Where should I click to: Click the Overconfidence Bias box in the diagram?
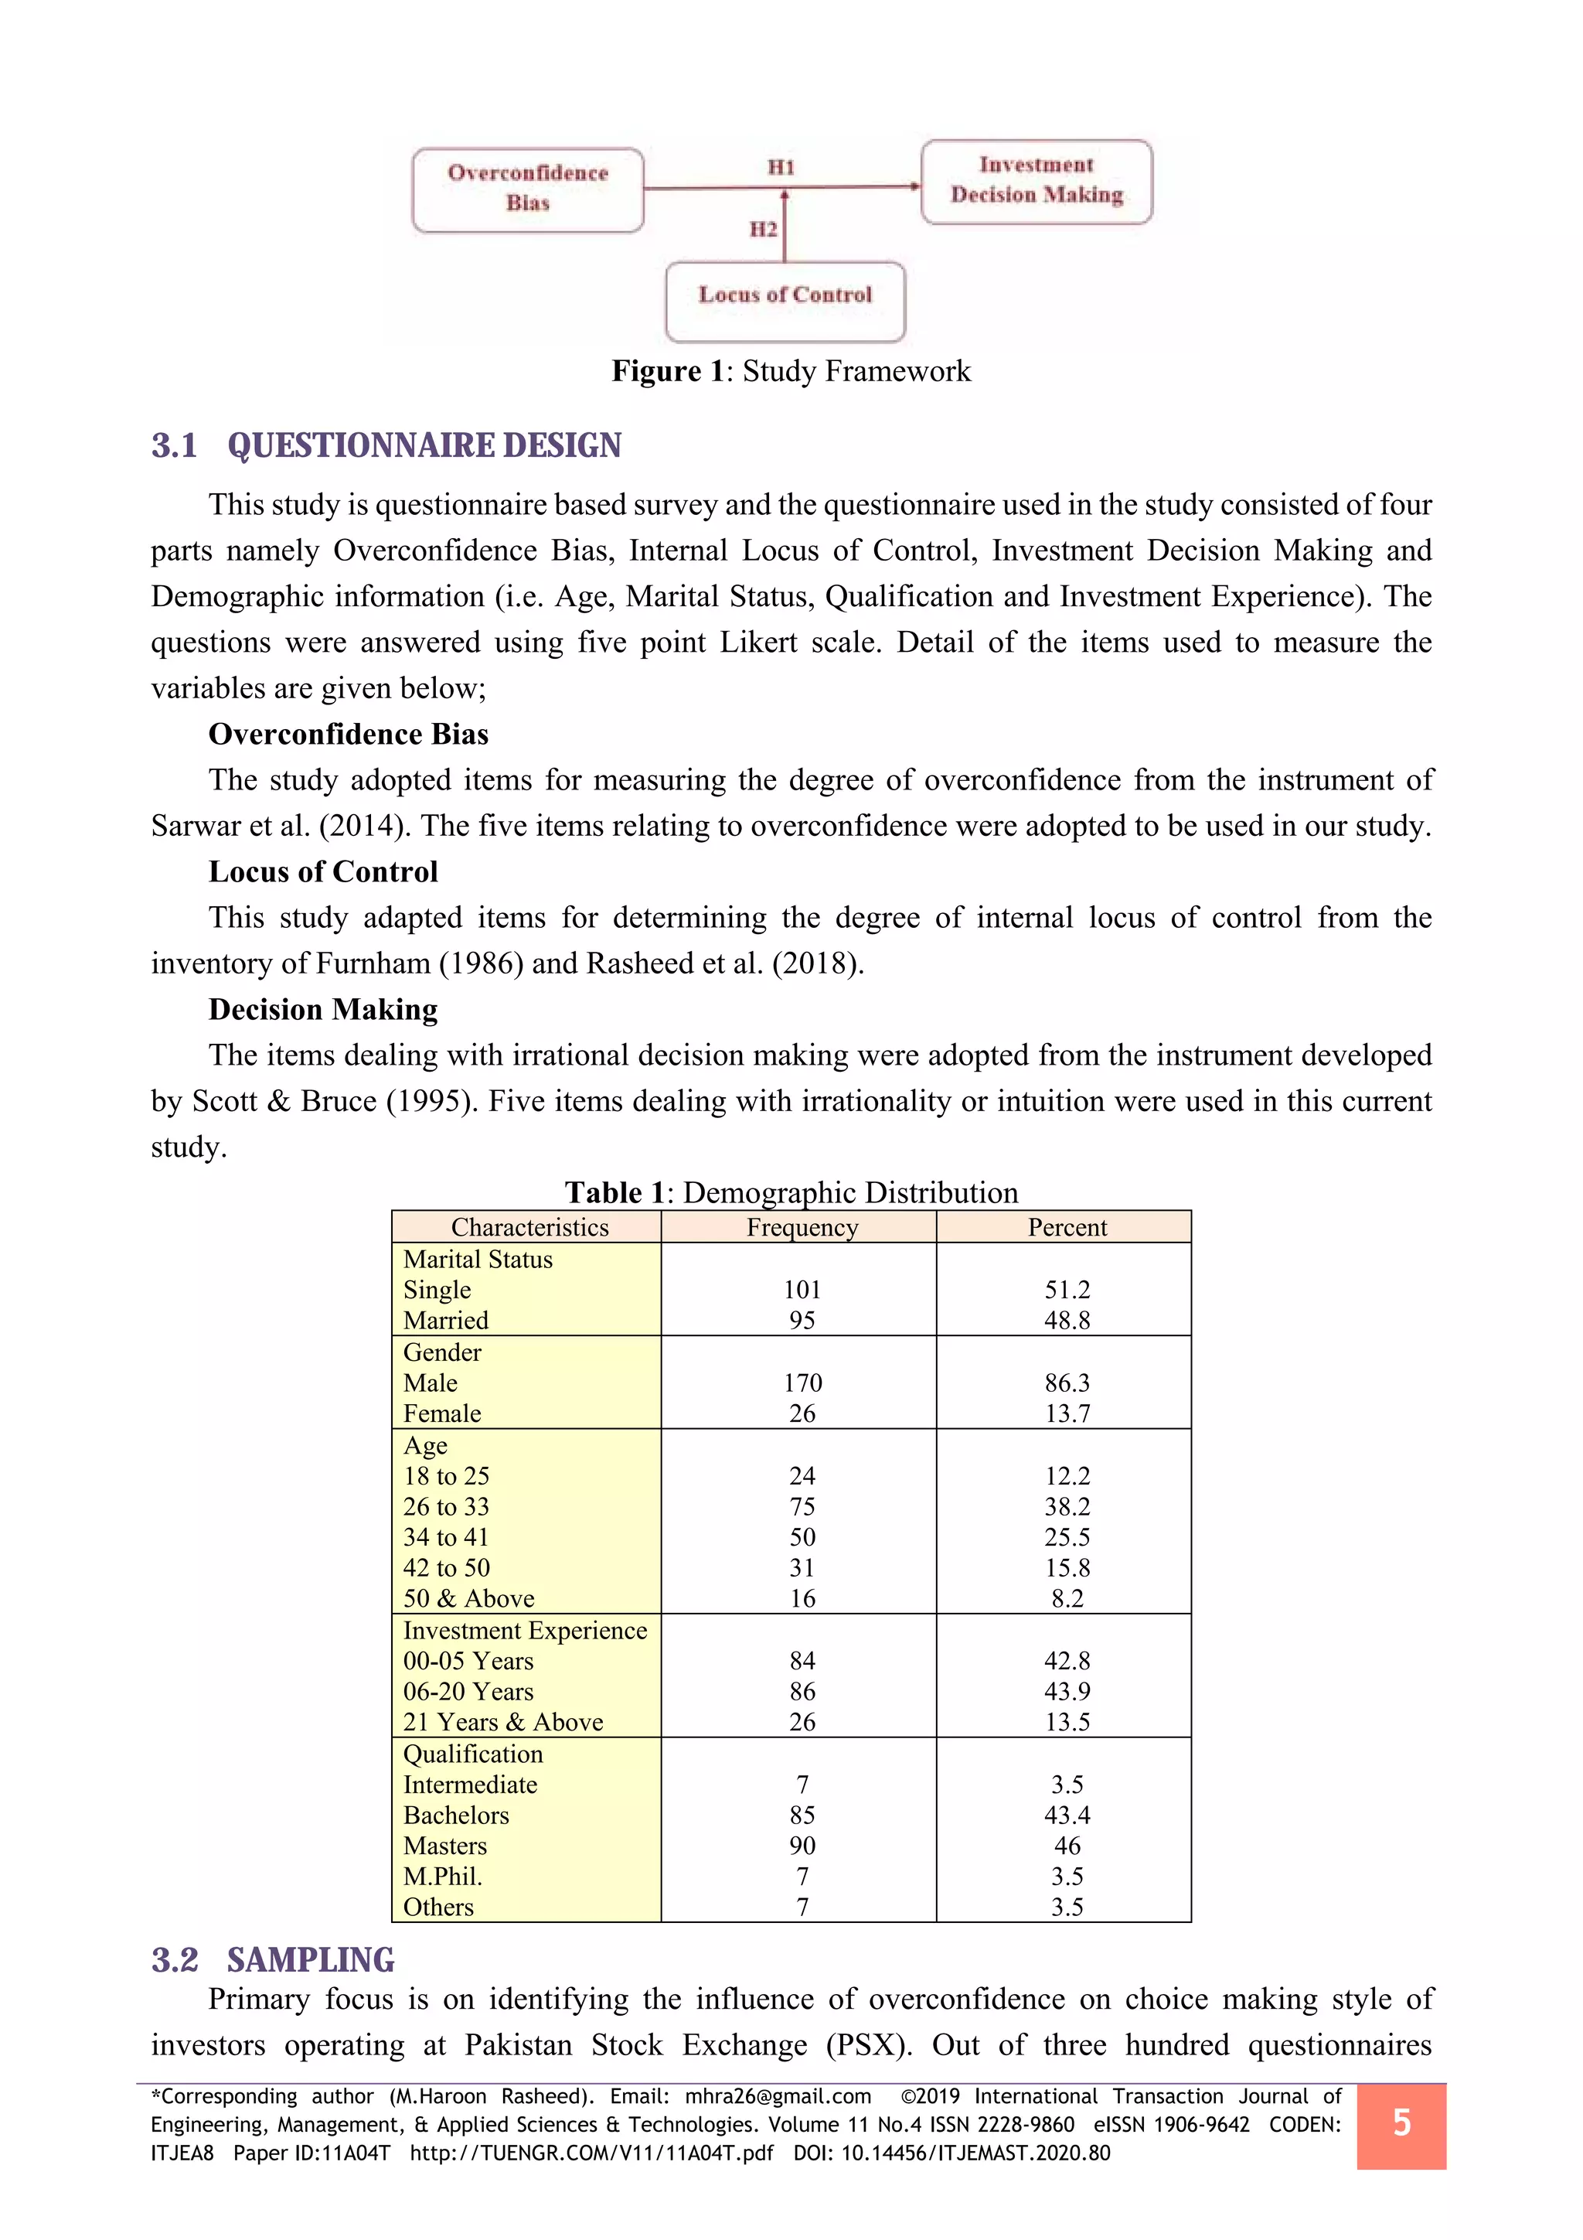(x=528, y=189)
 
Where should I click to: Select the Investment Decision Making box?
(x=1036, y=182)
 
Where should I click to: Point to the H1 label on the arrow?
(x=781, y=167)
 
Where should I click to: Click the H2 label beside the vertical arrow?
(x=763, y=230)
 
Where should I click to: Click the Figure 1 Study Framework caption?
(x=791, y=372)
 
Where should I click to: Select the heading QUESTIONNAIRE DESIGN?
(x=424, y=446)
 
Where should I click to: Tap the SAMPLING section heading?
(x=310, y=1960)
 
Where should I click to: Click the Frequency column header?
(x=802, y=1227)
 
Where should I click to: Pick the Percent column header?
(x=1067, y=1227)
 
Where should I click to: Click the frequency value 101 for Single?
(x=802, y=1290)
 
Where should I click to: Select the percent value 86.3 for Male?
(x=1067, y=1383)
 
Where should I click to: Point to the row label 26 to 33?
(x=446, y=1506)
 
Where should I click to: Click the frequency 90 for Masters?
(x=802, y=1846)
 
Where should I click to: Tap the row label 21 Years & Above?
(x=503, y=1722)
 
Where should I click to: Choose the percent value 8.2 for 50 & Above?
(x=1067, y=1598)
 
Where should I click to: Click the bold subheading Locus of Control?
(x=323, y=871)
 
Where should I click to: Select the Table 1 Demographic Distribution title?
(x=791, y=1192)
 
